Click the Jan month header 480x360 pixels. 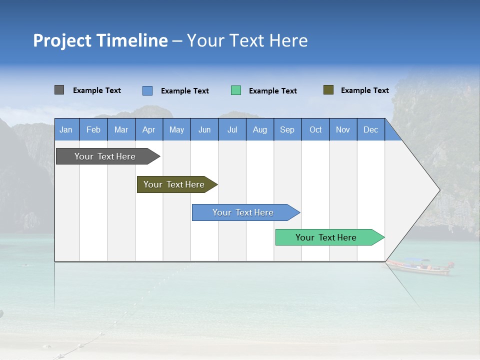click(66, 129)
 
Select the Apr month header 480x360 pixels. click(149, 129)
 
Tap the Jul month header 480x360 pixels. click(232, 129)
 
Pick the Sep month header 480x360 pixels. click(287, 129)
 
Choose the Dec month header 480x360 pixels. click(370, 129)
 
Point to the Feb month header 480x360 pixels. click(93, 129)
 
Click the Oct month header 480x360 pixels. click(315, 129)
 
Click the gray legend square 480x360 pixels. click(59, 90)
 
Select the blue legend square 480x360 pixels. click(147, 90)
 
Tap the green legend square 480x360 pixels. click(236, 90)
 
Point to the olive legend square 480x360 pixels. click(328, 90)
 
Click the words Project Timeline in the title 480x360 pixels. click(100, 40)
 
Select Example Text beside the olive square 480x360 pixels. click(364, 90)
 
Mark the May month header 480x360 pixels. click(176, 129)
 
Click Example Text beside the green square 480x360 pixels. click(272, 91)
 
